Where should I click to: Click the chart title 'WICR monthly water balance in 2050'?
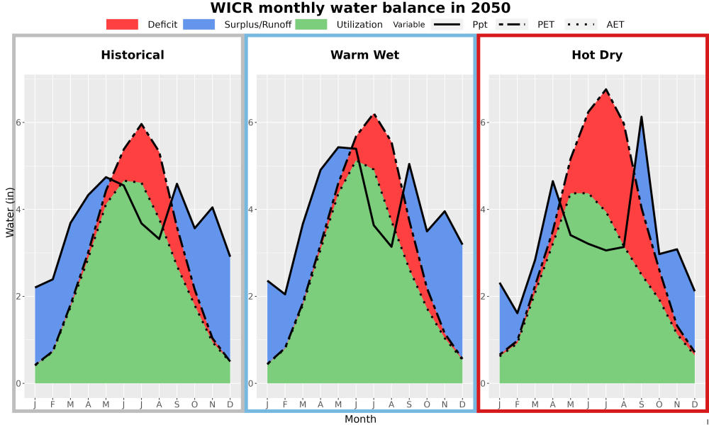360,8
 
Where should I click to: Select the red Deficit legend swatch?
122,24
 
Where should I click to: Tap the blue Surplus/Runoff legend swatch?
199,24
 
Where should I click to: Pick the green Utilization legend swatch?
311,24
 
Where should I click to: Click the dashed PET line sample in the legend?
512,24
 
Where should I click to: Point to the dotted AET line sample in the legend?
581,24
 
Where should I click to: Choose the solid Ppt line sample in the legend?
446,24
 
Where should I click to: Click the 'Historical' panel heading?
133,55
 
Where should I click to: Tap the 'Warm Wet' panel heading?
365,55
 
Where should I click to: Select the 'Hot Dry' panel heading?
597,55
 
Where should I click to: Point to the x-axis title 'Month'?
360,419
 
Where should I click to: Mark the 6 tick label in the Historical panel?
20,123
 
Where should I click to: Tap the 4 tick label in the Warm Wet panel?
252,210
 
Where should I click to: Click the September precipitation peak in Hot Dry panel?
641,117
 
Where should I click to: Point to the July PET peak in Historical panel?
142,124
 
